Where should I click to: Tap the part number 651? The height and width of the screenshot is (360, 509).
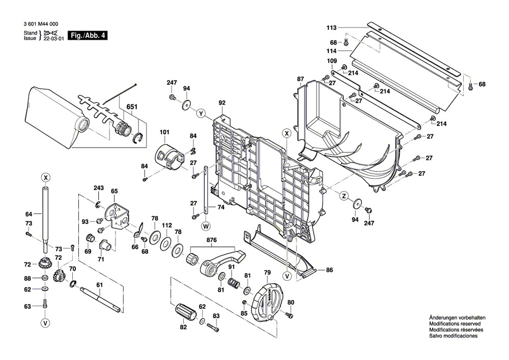pyautogui.click(x=132, y=108)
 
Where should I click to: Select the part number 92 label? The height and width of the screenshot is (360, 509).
pyautogui.click(x=222, y=103)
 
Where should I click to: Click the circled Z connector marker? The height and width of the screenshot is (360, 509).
pyautogui.click(x=344, y=196)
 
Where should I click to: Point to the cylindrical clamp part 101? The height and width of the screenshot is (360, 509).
pyautogui.click(x=169, y=154)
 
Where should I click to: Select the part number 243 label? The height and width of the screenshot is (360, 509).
pyautogui.click(x=99, y=188)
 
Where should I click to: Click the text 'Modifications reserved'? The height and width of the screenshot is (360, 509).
pyautogui.click(x=453, y=324)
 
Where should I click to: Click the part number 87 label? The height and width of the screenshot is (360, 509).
pyautogui.click(x=300, y=78)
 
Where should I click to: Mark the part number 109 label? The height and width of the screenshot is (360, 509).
pyautogui.click(x=332, y=61)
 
